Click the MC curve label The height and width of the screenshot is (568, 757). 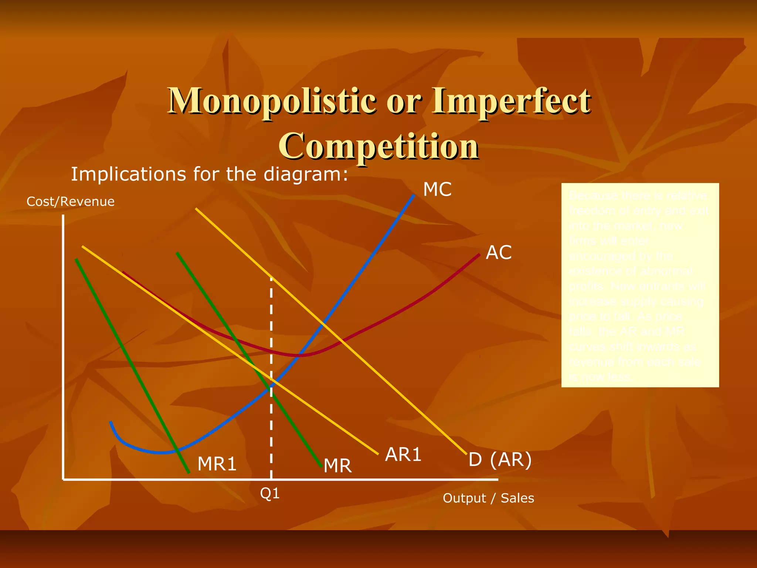click(437, 189)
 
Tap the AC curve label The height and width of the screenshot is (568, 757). click(499, 253)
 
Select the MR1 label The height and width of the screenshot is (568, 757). click(217, 464)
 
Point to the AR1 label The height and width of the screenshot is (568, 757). click(403, 454)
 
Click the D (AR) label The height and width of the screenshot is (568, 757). click(500, 460)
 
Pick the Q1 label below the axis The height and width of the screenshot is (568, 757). click(270, 493)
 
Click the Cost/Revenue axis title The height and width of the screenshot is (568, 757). click(71, 202)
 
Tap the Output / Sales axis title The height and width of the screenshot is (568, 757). click(488, 498)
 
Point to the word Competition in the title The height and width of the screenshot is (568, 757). click(379, 146)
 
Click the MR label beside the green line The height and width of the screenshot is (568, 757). click(337, 466)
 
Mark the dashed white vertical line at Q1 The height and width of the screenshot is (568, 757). click(271, 333)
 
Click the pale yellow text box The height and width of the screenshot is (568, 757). click(640, 285)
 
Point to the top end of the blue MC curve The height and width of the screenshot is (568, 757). click(414, 195)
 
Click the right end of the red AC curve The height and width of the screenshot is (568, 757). click(479, 254)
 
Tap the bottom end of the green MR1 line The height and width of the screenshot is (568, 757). click(189, 472)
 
